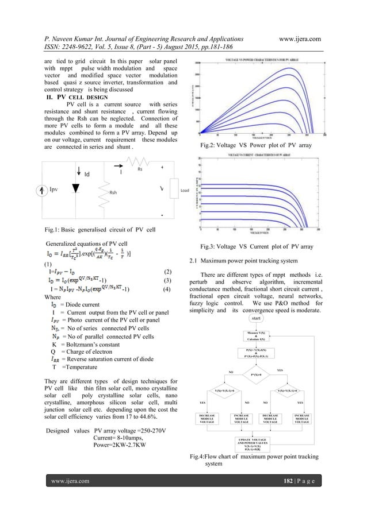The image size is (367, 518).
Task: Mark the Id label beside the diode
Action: tap(87, 173)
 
